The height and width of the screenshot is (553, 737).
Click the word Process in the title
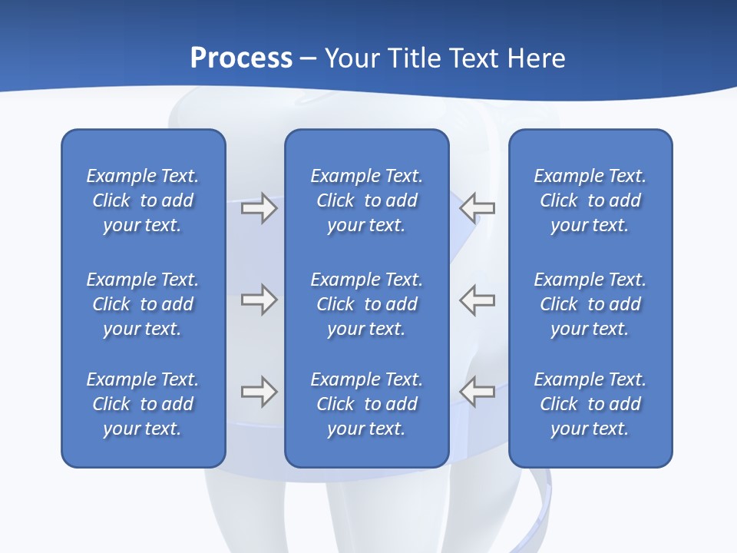coord(241,58)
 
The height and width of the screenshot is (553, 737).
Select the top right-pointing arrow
coord(259,208)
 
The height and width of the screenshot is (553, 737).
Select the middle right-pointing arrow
coord(259,300)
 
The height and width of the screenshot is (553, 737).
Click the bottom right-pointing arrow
coord(259,392)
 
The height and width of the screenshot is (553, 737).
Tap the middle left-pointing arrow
coord(477,300)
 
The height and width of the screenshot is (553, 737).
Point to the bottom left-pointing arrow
coord(477,391)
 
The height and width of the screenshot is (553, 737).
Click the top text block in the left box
coord(143,200)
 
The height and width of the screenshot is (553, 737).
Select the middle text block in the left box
coord(143,304)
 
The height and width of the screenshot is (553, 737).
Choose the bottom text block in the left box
coord(143,404)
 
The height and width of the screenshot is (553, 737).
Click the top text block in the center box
coord(367,200)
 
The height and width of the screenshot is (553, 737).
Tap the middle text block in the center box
coord(367,304)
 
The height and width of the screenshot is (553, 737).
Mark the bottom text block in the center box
coord(367,404)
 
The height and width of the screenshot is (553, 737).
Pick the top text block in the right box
coord(590,200)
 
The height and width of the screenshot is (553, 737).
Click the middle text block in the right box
coord(590,304)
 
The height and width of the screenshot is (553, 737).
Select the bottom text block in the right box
coord(590,404)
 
